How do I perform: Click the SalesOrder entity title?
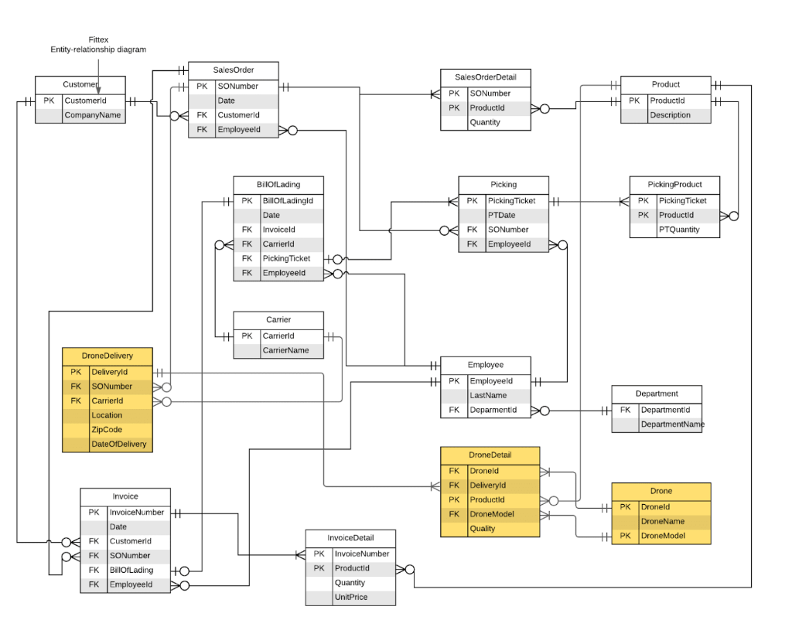[x=233, y=70]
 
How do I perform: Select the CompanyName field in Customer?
[x=92, y=115]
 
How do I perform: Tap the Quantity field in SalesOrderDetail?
[x=485, y=122]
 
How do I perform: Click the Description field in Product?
[x=670, y=115]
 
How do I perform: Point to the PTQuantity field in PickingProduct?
[x=678, y=230]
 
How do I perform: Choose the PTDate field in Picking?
[x=501, y=215]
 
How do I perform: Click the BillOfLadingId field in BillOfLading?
[x=287, y=201]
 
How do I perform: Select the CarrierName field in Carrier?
[x=285, y=350]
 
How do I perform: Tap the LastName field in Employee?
[x=488, y=395]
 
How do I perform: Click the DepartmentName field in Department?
[x=672, y=424]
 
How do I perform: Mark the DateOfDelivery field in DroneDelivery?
[x=118, y=445]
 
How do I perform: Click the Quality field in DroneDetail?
[x=482, y=529]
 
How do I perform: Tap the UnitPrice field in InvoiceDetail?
[x=350, y=597]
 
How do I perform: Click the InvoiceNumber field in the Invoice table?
[x=136, y=513]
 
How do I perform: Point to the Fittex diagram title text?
[x=98, y=44]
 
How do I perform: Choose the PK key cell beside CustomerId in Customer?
[x=48, y=100]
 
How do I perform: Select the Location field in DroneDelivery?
[x=107, y=415]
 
